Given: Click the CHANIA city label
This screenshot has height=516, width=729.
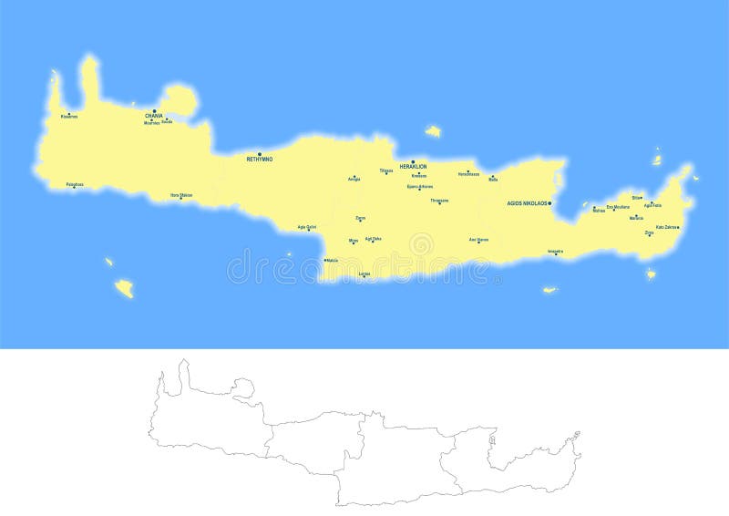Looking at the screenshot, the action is coord(154,116).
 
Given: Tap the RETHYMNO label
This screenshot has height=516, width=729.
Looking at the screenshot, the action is coord(260,160).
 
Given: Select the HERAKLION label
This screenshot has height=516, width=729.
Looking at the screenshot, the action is coord(413,167).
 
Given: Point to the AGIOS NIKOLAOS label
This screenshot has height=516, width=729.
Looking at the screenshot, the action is coord(527,203).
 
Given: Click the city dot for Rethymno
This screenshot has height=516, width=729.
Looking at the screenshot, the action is coord(260,154).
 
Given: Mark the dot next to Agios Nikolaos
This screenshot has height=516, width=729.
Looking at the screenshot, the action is coord(550,203).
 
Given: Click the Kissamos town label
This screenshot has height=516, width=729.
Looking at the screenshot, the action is coord(69,117).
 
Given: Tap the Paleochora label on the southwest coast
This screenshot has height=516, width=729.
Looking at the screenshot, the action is coord(75,184).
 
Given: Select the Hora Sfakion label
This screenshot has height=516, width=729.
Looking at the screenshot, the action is coord(181,194).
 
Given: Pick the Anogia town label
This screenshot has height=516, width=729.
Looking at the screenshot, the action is coord(354,179).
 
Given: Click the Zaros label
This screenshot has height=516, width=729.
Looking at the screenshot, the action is coord(361,218).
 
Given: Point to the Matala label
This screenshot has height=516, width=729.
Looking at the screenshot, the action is coord(332,261).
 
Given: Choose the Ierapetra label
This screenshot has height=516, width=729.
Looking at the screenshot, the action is coord(556,251).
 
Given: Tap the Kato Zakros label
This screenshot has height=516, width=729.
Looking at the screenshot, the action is coord(666,227).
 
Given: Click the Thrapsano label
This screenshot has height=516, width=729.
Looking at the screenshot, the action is coord(439,201).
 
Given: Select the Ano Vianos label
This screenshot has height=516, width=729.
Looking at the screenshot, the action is coord(479,240).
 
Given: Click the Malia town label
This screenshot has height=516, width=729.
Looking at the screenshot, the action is coord(493,180).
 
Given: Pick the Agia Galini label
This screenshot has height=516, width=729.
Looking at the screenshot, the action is coord(307,227).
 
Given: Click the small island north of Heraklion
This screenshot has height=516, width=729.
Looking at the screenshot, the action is coord(433,131).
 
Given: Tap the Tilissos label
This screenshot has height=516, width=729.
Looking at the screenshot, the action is coord(386,170).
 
